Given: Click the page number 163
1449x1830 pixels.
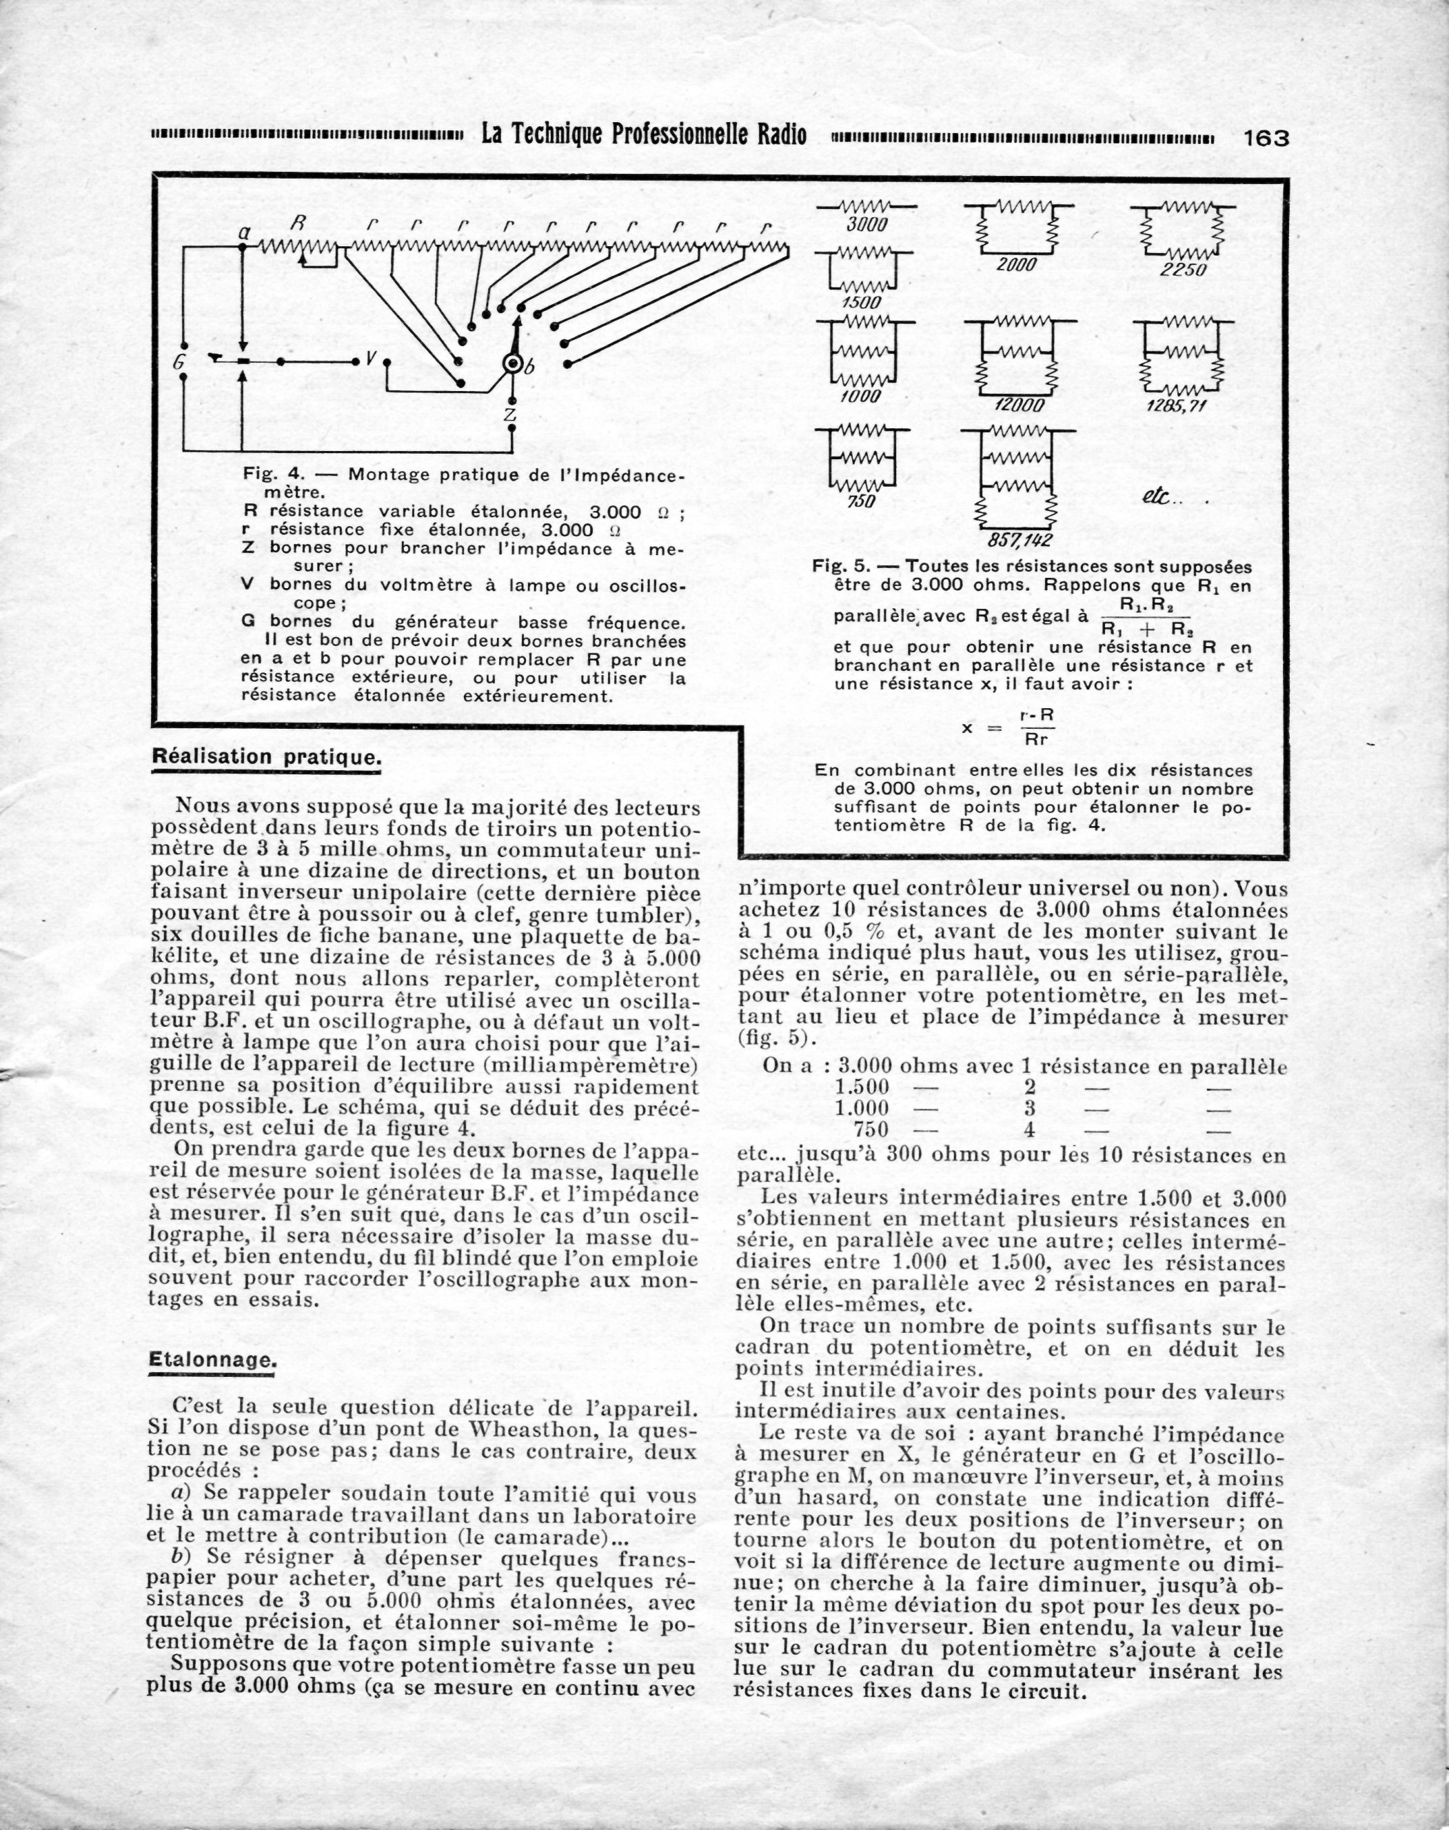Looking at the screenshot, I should (1266, 137).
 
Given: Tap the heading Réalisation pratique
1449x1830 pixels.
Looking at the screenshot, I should (265, 758).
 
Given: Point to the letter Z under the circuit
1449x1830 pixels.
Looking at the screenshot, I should (510, 415).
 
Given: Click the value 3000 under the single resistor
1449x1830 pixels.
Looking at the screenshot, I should (867, 225).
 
